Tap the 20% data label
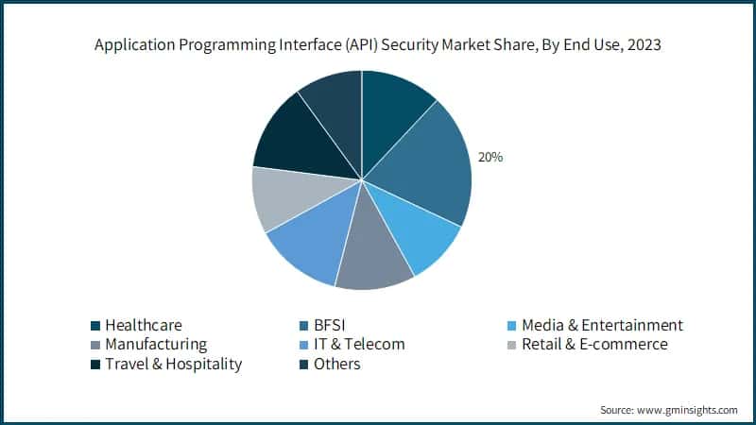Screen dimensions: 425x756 coord(490,158)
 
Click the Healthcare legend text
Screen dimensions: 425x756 coord(144,325)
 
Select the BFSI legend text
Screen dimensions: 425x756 coord(332,325)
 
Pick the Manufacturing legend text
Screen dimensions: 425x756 coord(156,344)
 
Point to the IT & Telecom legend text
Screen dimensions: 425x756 coord(359,344)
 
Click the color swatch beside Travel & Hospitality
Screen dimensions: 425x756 coord(94,365)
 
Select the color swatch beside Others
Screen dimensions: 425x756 coord(302,365)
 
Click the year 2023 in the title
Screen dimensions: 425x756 coord(642,44)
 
